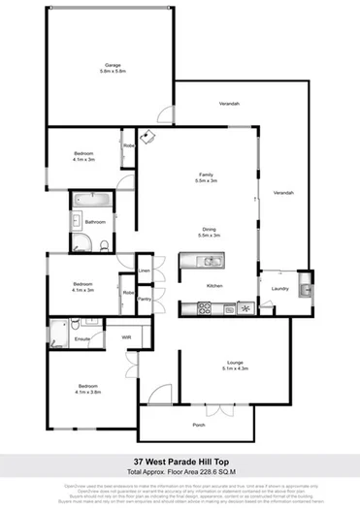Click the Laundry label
click(281, 288)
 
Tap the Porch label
click(199, 424)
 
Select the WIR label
click(126, 337)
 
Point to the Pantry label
click(144, 300)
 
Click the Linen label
click(144, 271)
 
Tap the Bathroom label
click(94, 222)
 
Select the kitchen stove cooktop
click(206, 309)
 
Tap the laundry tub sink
click(304, 288)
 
